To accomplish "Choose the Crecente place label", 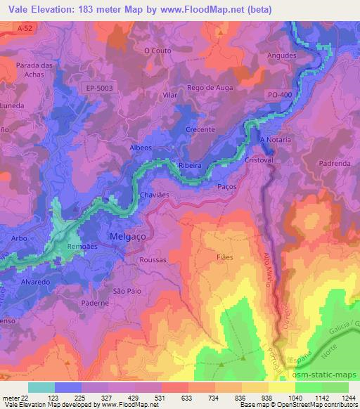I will [200, 130].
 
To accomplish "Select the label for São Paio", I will [127, 290].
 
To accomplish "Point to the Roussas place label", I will [153, 259].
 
